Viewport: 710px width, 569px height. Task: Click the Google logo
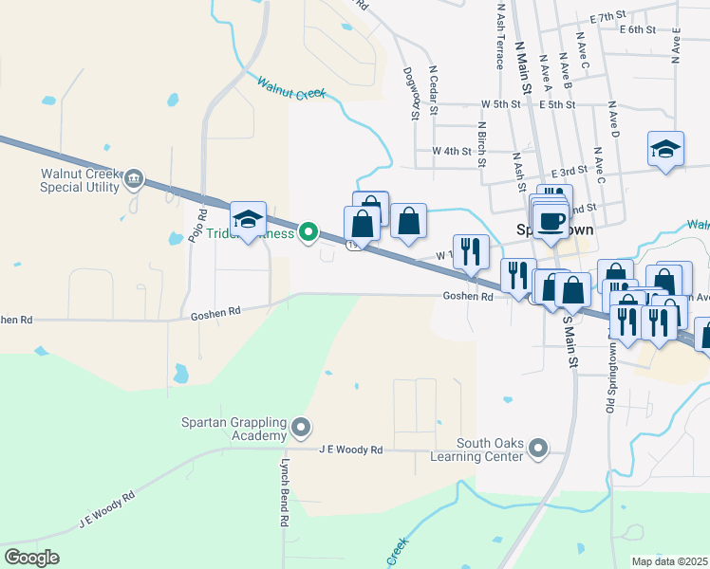coord(31,558)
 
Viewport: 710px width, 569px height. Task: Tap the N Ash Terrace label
coord(499,40)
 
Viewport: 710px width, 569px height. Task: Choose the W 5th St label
coord(501,103)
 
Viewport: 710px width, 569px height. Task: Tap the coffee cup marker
coord(550,221)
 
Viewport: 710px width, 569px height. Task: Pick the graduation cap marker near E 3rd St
coord(665,150)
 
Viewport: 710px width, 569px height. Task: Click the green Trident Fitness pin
coord(308,231)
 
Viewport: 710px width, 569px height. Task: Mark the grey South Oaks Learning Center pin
coord(538,446)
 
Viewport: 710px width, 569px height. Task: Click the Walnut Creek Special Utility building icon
coord(134,178)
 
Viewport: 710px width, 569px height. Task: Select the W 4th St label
coord(451,151)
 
